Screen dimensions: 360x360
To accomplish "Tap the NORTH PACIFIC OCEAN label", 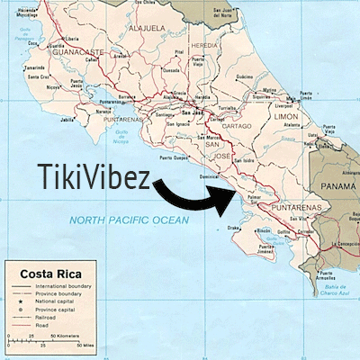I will [x=131, y=220].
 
